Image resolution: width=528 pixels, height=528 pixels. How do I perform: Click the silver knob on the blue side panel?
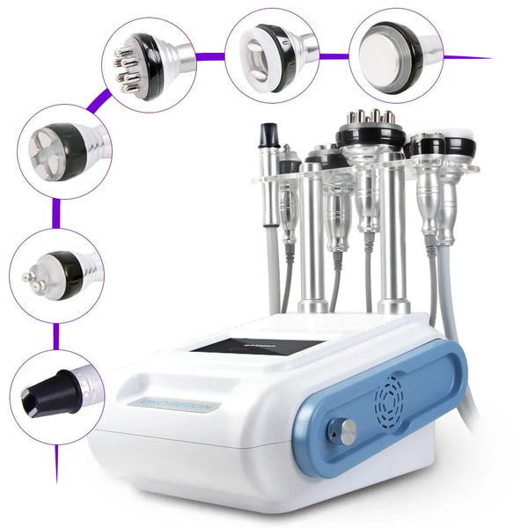pos(348,431)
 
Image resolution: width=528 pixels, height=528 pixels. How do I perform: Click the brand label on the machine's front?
pos(173,406)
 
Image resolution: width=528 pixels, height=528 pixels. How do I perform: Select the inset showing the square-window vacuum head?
pos(272,50)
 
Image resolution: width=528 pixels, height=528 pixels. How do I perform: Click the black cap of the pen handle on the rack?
pos(268,135)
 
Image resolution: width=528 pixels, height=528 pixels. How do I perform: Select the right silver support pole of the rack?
pos(392,238)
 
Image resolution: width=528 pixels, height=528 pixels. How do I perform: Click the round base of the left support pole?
pos(313,306)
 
